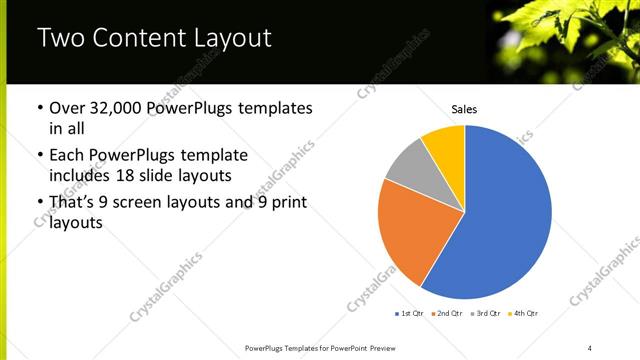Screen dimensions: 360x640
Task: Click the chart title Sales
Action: [x=464, y=108]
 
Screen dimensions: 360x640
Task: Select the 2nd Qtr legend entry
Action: [x=445, y=314]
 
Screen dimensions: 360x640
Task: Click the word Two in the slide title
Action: [x=58, y=39]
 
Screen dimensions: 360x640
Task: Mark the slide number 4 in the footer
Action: [x=590, y=347]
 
